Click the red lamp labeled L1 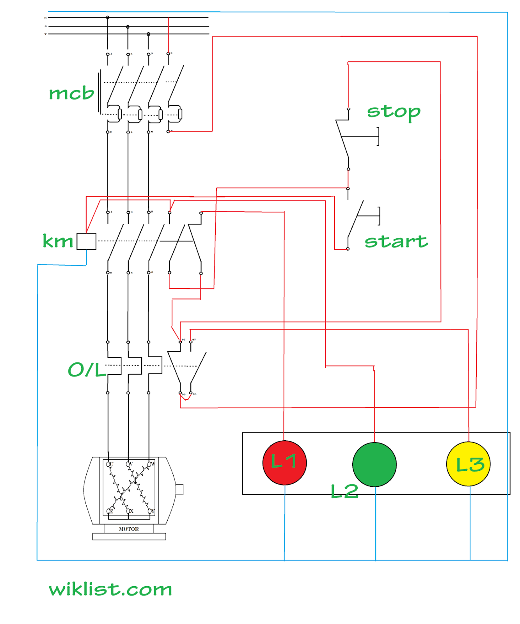[x=284, y=463]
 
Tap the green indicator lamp [x=374, y=464]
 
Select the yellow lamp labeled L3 [x=468, y=464]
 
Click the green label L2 [x=344, y=491]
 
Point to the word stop [x=393, y=112]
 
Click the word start [x=396, y=241]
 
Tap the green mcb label [x=71, y=93]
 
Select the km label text [x=58, y=241]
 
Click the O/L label [x=87, y=369]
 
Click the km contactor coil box [x=86, y=241]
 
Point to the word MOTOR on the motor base [x=129, y=529]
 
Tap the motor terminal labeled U [x=109, y=464]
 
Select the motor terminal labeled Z [x=109, y=511]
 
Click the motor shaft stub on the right [x=179, y=489]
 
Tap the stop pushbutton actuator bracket [x=377, y=136]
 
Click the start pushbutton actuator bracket [x=378, y=216]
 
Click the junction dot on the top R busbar [x=108, y=18]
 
